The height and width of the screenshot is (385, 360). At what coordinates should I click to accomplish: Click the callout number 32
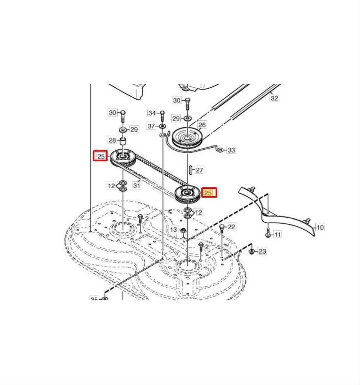coord(275,98)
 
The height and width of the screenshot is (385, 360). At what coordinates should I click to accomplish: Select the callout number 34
coord(152,113)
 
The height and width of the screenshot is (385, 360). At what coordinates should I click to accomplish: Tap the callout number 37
coord(151,126)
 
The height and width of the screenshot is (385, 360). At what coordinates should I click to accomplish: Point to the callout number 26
coord(202,125)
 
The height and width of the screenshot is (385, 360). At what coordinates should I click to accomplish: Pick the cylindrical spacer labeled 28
coord(122,142)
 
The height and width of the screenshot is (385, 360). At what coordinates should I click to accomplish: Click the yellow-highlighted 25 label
coord(209,193)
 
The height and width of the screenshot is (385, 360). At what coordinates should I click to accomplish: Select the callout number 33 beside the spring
coord(231,150)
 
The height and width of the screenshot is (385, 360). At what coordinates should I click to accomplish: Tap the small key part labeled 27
coord(191,170)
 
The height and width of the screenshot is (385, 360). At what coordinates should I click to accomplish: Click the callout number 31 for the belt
coord(137,185)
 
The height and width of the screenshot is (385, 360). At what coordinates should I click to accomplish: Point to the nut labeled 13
coord(183,230)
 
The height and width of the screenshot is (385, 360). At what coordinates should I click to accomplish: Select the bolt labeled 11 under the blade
coord(268,233)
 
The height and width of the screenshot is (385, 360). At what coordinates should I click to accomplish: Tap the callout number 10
coord(320,227)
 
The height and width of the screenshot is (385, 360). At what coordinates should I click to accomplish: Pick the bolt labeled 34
coord(162,115)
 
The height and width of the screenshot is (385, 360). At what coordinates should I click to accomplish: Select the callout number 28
coord(112,140)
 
